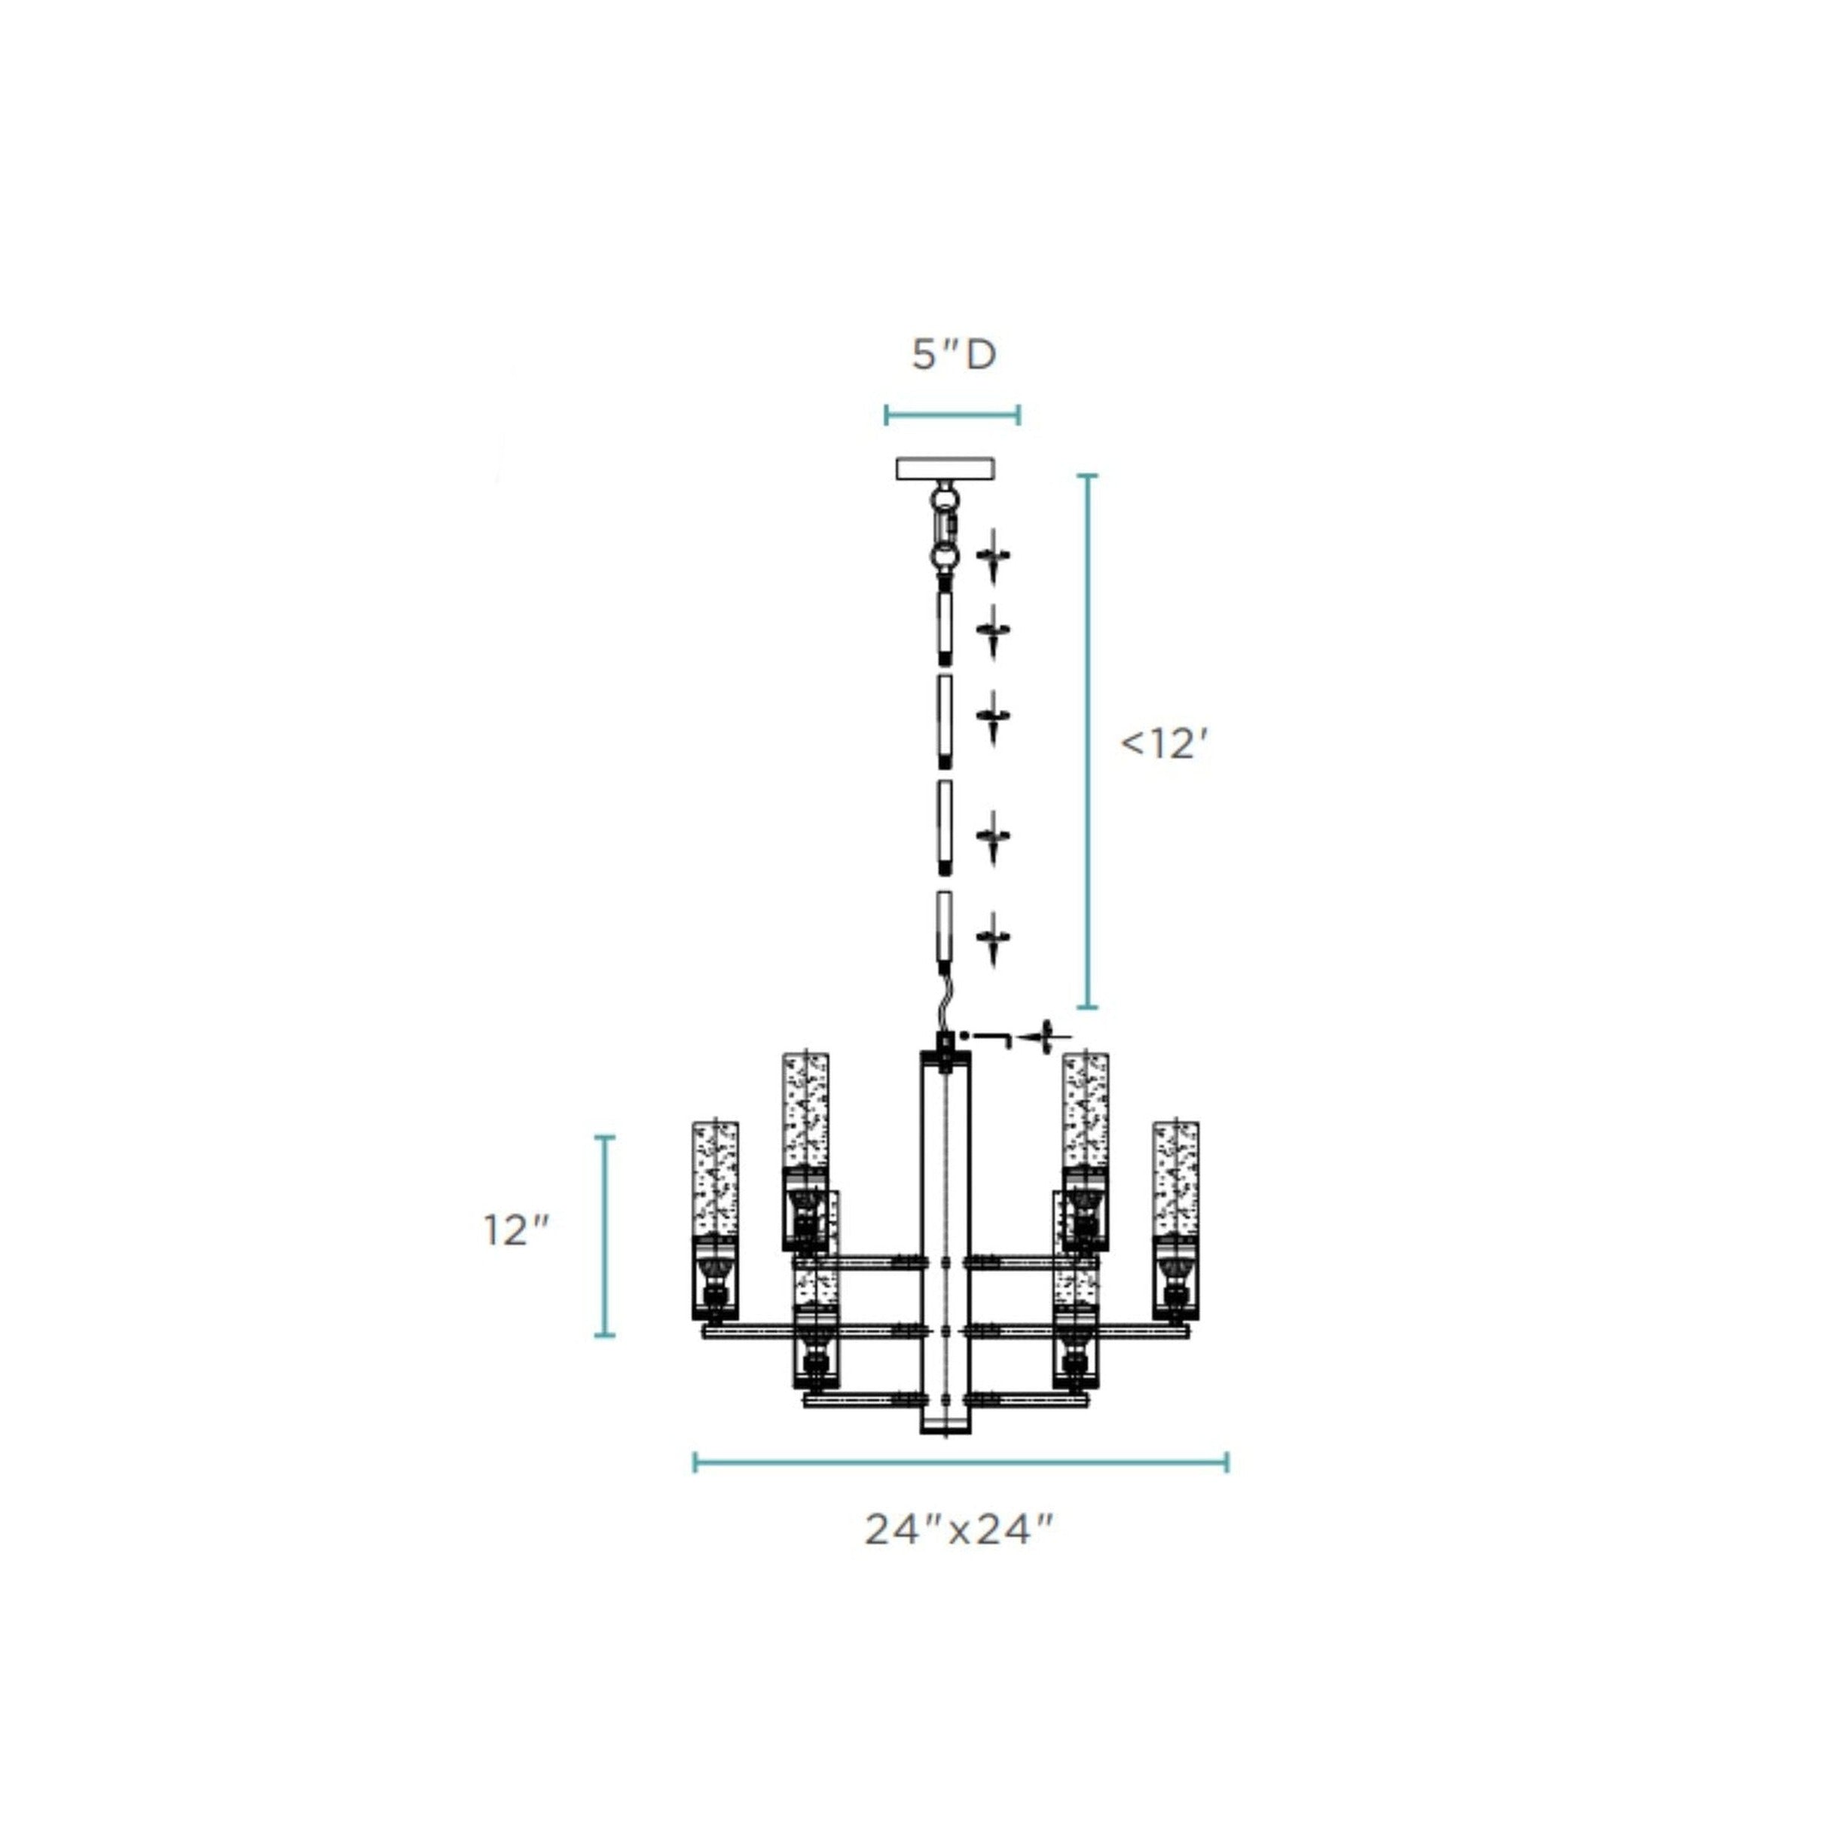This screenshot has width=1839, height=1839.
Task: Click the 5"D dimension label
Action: coord(954,355)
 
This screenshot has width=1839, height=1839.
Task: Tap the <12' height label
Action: coord(1162,744)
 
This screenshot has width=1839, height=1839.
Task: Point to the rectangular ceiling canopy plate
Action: coord(944,469)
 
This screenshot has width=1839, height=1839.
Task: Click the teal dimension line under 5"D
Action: coord(952,414)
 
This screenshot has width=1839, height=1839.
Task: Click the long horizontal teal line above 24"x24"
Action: coord(960,1462)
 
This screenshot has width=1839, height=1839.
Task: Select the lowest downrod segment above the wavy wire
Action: coord(944,928)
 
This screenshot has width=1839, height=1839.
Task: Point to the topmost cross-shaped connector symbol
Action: coord(993,555)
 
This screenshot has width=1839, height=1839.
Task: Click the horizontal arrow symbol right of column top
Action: coord(1043,1037)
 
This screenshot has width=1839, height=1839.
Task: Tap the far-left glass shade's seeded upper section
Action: coord(715,1178)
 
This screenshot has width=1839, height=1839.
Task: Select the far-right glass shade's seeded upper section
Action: coord(1175,1178)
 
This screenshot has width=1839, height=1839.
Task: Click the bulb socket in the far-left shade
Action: coord(714,1280)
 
